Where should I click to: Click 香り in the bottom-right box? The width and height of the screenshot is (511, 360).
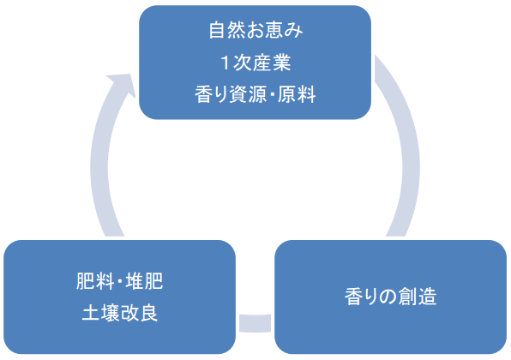[358, 297]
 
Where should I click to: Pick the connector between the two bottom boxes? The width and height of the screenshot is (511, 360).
[255, 323]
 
